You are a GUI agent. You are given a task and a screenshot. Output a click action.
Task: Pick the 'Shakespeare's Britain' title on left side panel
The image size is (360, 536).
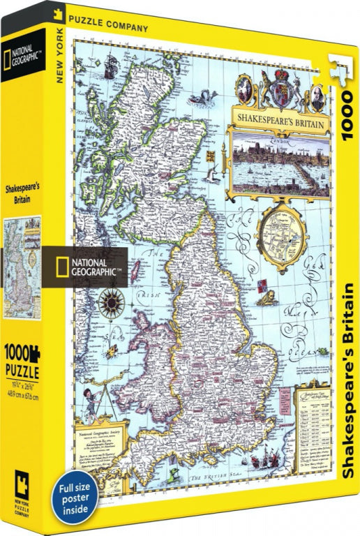(x=22, y=193)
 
